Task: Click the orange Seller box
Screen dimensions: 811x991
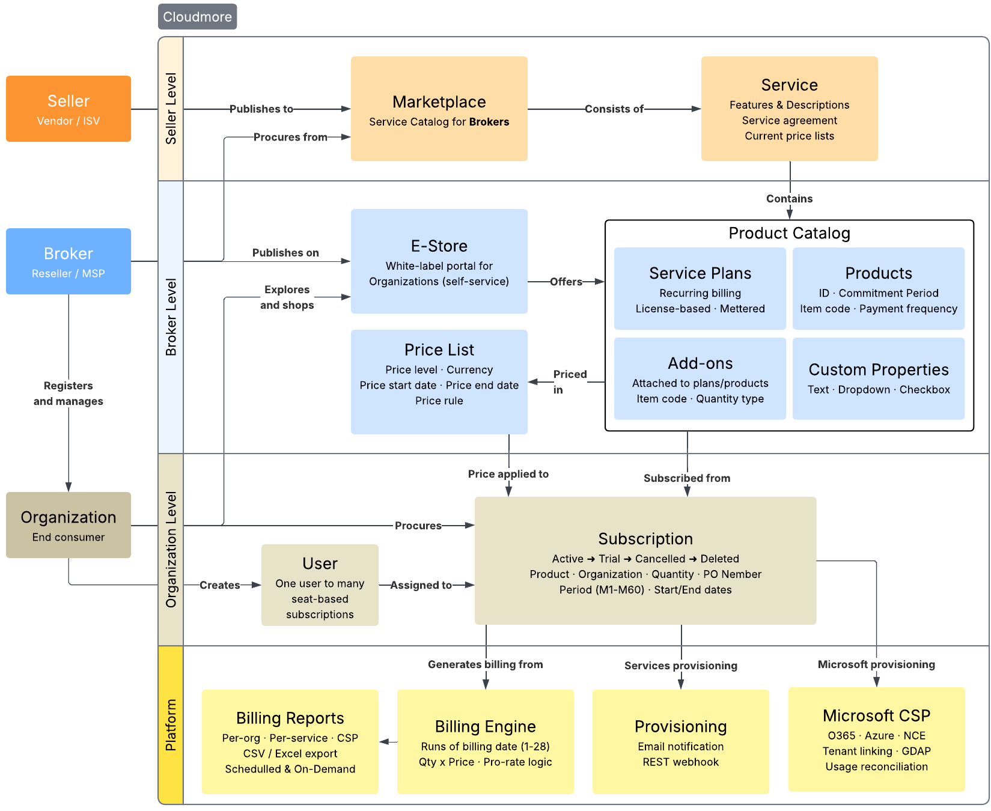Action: click(69, 109)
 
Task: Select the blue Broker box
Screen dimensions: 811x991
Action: click(69, 261)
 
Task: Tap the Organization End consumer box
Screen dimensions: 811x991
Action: click(69, 525)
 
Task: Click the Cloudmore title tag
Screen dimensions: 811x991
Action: click(197, 17)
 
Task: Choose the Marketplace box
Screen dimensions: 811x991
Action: click(439, 109)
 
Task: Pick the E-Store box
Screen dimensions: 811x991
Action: click(439, 261)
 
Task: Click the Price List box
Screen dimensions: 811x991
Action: click(439, 381)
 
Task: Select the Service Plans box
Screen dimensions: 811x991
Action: click(700, 289)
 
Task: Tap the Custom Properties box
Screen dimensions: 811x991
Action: click(878, 378)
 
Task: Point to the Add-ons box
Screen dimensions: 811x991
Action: click(700, 378)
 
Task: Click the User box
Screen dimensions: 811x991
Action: click(320, 585)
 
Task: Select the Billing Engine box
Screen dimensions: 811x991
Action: click(485, 742)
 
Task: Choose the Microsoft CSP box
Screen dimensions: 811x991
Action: click(876, 740)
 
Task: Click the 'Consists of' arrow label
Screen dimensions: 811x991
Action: click(614, 109)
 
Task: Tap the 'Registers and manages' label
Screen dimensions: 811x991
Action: click(69, 393)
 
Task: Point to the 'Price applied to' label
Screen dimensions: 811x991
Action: click(508, 474)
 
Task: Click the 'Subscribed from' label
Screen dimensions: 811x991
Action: click(687, 478)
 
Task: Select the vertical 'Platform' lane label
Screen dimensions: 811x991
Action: click(171, 725)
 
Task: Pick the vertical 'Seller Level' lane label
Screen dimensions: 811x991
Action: click(171, 109)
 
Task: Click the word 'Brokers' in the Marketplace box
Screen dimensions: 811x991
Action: click(489, 122)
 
